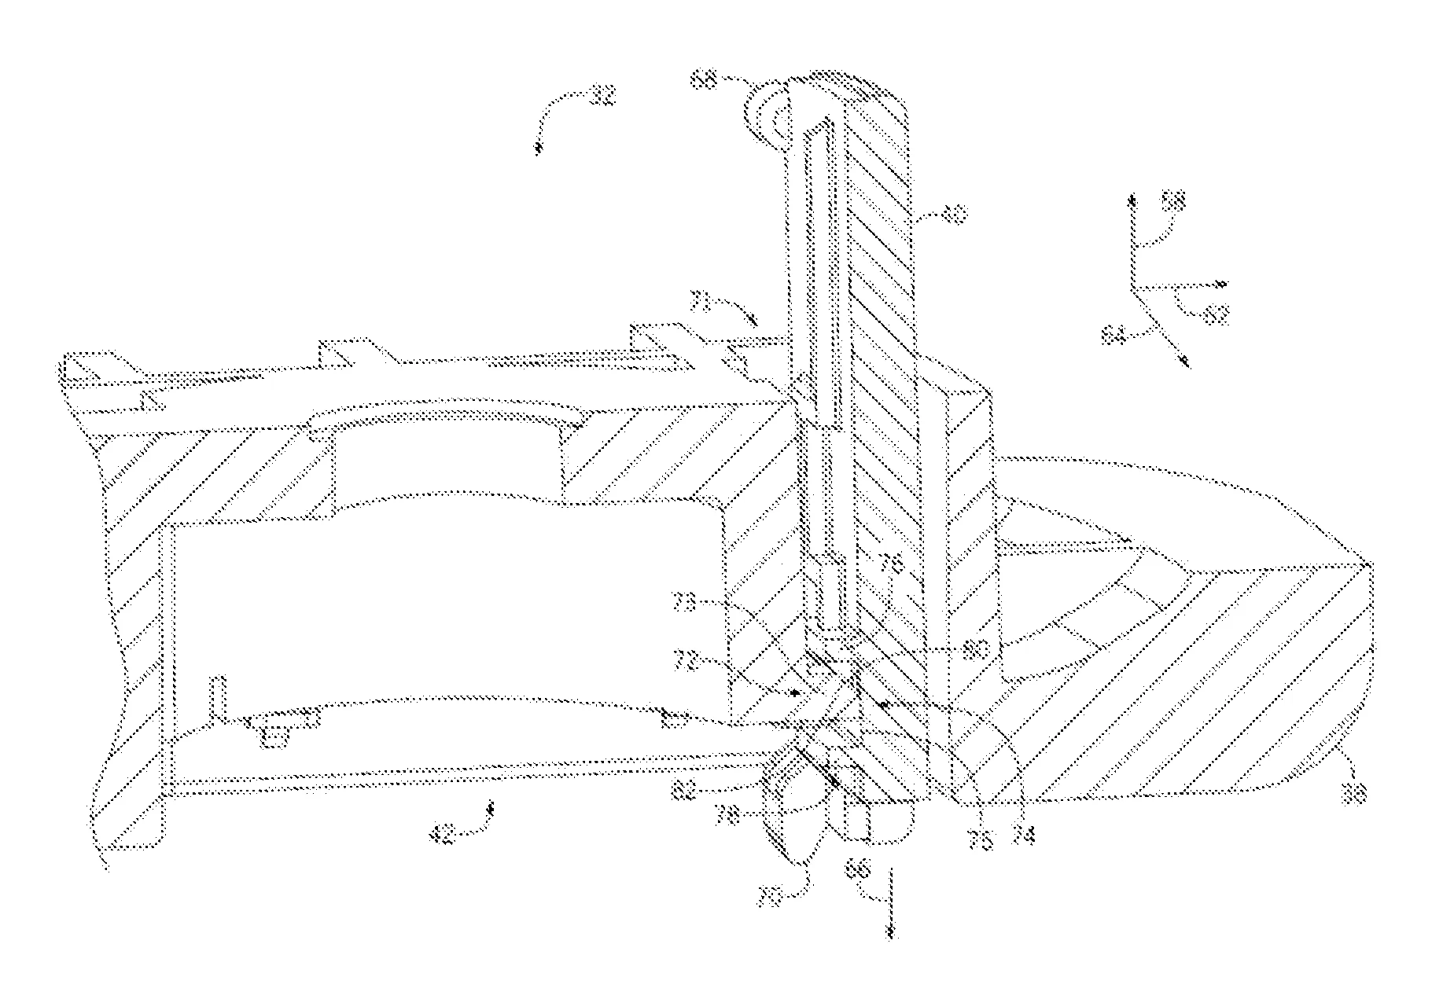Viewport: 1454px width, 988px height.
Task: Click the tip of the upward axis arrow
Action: tap(1133, 195)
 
